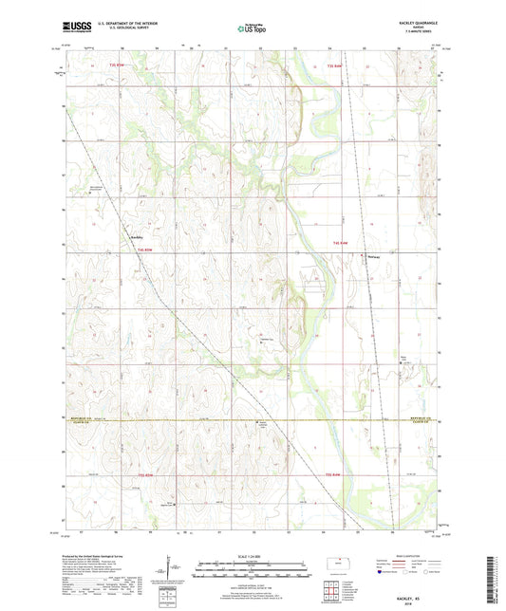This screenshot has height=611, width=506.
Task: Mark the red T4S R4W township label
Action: tap(341, 244)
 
